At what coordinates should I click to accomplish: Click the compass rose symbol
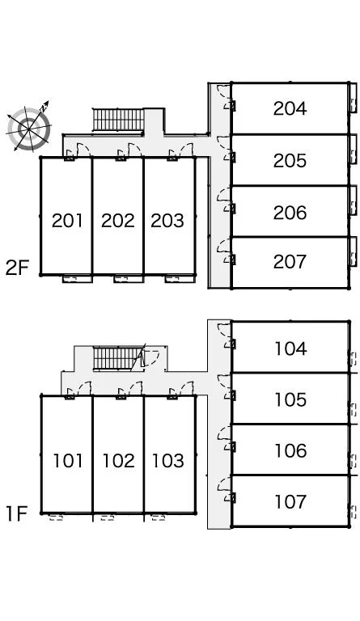click(29, 127)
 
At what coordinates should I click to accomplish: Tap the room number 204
click(290, 108)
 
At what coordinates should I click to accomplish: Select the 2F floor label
click(17, 268)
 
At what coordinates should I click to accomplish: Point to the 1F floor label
click(16, 513)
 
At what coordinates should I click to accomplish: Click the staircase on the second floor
click(118, 120)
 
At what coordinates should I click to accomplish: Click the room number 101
click(68, 461)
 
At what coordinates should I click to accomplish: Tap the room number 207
click(290, 261)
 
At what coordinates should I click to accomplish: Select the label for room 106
click(290, 450)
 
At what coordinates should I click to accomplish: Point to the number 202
click(117, 221)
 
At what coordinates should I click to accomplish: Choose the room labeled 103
click(168, 461)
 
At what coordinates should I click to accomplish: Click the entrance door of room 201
click(78, 151)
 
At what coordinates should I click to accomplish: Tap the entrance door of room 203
click(180, 151)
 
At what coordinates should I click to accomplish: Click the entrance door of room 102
click(129, 390)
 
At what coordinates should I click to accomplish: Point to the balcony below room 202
click(129, 279)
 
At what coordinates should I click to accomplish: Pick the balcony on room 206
click(353, 201)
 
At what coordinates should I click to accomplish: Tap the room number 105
click(290, 399)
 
